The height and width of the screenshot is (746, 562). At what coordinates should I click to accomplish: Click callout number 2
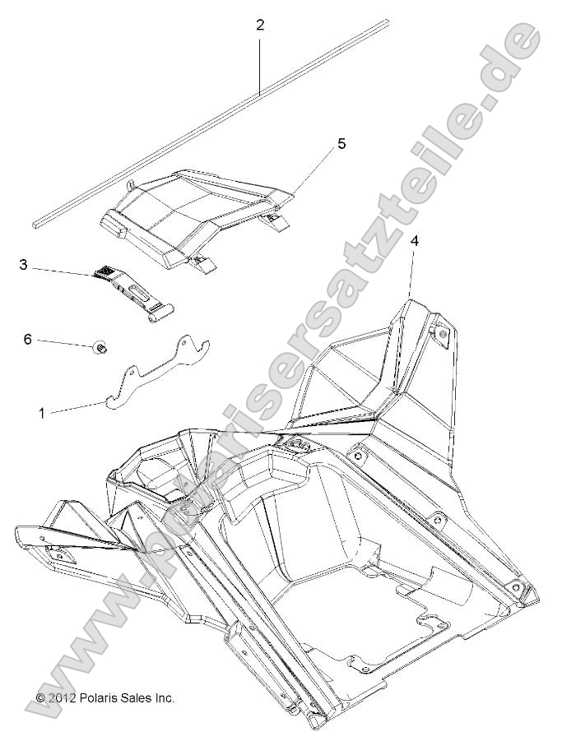coord(260,25)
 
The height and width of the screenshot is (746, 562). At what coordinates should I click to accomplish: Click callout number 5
coord(341,144)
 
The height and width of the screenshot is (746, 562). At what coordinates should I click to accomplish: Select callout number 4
coord(415,241)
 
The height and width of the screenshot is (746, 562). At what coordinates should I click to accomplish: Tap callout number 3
coord(23,265)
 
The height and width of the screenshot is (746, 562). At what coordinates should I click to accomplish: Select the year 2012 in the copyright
coord(63,697)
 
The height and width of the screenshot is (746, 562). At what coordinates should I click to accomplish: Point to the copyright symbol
coord(40,697)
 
